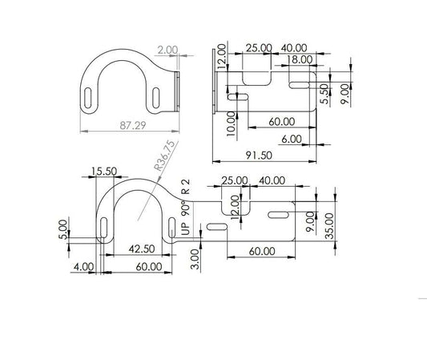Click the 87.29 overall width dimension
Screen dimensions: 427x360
pos(133,125)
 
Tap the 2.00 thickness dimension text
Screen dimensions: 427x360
pos(167,51)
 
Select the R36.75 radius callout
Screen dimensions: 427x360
pos(164,155)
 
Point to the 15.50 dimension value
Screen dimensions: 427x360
pos(104,172)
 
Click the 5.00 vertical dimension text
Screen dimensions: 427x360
pos(63,229)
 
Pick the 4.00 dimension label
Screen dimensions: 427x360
pos(83,267)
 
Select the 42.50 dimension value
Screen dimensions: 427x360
pos(142,249)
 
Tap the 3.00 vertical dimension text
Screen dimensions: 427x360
pos(195,259)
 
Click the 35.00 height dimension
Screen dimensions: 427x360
pos(329,226)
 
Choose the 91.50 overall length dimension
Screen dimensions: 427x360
pos(259,156)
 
